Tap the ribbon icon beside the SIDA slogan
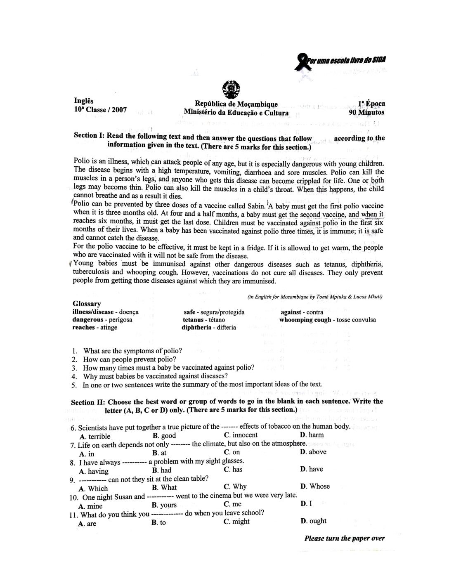point(302,62)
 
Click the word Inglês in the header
point(84,101)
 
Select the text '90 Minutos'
point(366,112)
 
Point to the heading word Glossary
point(87,304)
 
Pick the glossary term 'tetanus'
point(194,320)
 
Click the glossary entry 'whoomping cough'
point(305,320)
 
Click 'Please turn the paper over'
point(344,538)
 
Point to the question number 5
point(74,385)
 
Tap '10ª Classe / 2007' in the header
point(100,110)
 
